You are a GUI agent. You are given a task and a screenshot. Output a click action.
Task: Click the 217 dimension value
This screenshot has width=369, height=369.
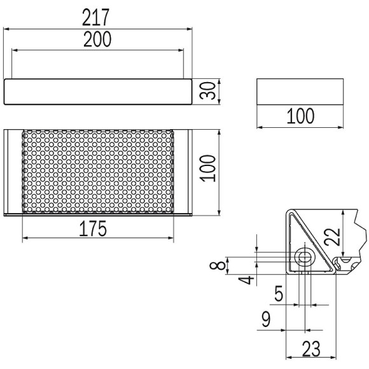coord(96,17)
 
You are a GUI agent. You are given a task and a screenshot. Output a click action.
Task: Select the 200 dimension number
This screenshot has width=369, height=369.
coord(97,39)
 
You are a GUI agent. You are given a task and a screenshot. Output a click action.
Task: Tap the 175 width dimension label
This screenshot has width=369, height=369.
coord(93,228)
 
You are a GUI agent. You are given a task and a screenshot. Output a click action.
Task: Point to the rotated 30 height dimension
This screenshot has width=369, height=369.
coord(207,90)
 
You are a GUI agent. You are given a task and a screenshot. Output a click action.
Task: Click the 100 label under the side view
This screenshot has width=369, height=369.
coord(300,116)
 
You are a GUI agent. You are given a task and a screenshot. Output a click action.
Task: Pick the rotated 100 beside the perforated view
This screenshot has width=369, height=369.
coord(207,168)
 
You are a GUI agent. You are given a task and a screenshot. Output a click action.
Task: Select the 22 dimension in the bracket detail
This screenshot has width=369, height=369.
coord(332,237)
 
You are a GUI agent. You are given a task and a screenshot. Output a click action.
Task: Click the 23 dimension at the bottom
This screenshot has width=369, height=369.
coord(311,349)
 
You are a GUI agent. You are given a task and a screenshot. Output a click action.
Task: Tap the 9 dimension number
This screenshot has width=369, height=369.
coord(266,319)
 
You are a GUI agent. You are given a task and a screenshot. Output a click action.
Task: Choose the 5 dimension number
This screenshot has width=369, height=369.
coord(279,293)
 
